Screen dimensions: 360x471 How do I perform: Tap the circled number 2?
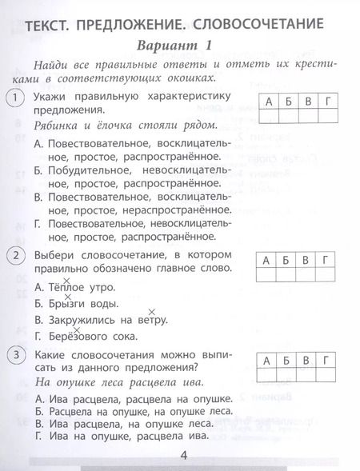14,256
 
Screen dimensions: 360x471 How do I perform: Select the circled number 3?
14,353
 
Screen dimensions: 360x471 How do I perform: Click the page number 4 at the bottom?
183,456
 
